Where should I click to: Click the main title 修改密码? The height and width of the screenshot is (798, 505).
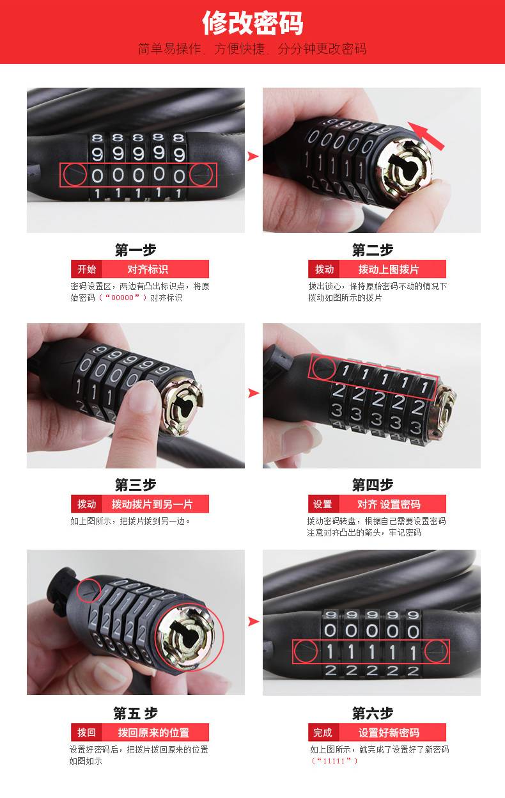tap(252, 23)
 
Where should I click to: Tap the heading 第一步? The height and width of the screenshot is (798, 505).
tap(136, 250)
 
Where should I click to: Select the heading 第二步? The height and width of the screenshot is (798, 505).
tap(372, 250)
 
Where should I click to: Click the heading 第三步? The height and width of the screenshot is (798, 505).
tap(136, 485)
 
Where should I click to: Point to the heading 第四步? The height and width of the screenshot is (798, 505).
tap(372, 485)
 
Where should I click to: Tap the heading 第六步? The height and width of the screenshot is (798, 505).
tap(372, 713)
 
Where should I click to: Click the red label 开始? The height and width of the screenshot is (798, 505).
tap(86, 269)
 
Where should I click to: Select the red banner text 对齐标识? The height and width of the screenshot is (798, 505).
tap(147, 269)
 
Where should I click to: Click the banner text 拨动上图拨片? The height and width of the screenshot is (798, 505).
tap(388, 269)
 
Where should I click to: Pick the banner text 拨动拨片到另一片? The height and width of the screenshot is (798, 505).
tap(152, 504)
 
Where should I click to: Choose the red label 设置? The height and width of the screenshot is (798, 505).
tap(322, 504)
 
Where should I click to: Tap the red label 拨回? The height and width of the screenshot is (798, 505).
tap(86, 732)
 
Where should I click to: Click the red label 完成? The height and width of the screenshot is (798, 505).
tap(322, 732)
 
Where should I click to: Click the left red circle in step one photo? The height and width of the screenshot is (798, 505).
tap(75, 175)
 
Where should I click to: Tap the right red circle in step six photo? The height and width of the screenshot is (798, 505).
tap(436, 651)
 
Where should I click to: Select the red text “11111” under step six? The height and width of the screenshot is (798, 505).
tap(334, 761)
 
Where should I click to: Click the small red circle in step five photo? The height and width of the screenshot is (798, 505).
tap(89, 590)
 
